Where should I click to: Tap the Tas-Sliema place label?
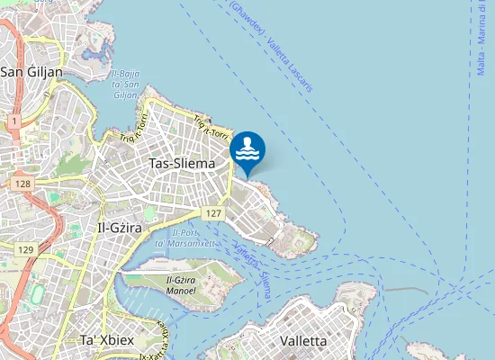pos(183,164)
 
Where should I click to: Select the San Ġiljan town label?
pos(31,72)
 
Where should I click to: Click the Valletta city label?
pos(304,341)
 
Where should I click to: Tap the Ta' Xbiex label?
pos(106,341)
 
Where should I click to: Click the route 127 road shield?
pos(212,213)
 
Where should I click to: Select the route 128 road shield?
pos(23,184)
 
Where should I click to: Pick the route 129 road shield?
pos(25,249)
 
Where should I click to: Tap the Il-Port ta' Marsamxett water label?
pos(183,238)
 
